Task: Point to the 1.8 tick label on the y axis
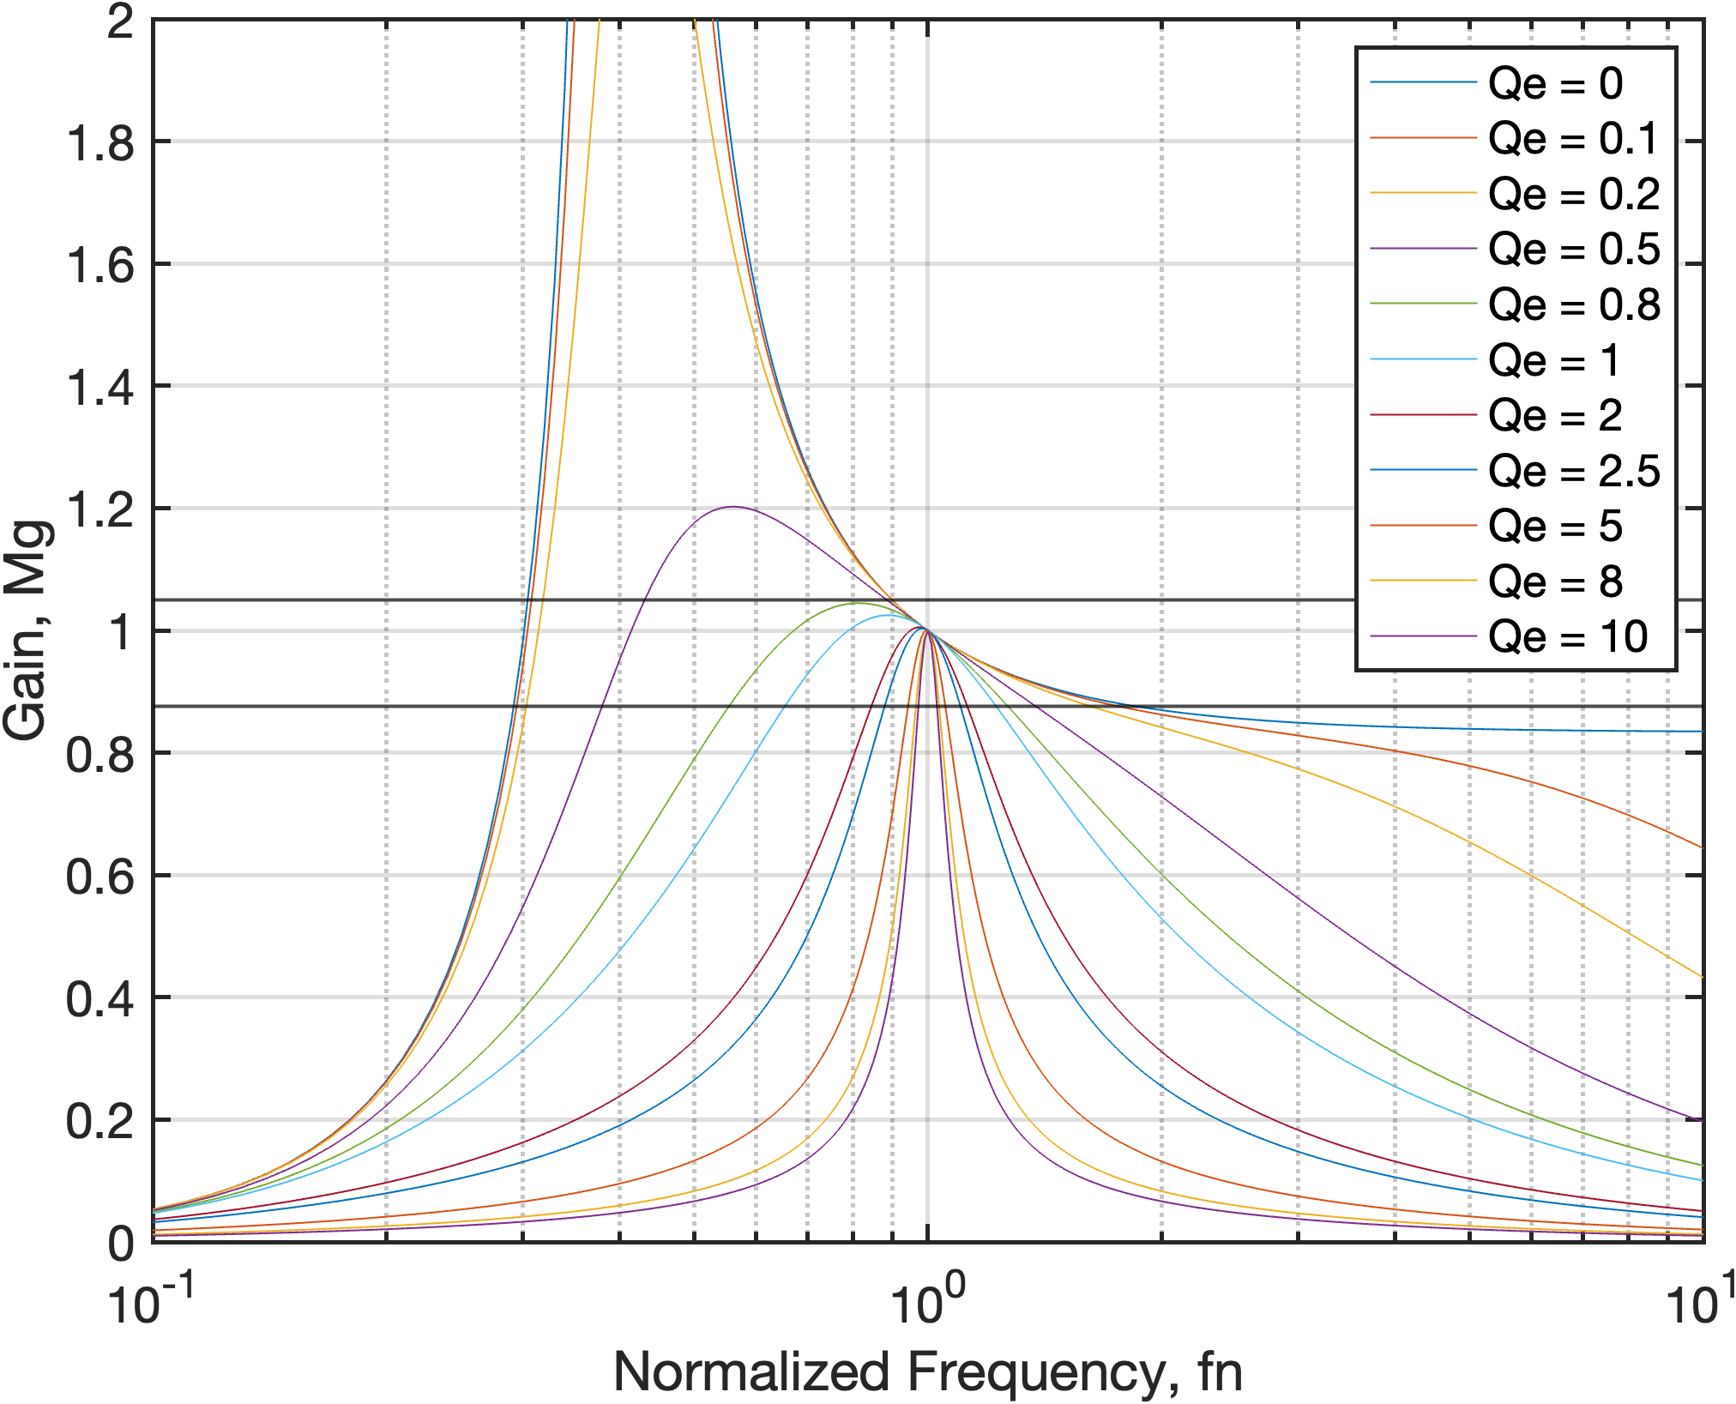pyautogui.click(x=100, y=142)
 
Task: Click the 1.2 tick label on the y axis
pyautogui.click(x=100, y=509)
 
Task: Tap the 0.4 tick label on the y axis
pyautogui.click(x=100, y=999)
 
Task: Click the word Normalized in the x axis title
pyautogui.click(x=751, y=1371)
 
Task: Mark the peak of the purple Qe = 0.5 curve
pyautogui.click(x=732, y=507)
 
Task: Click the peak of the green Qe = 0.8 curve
pyautogui.click(x=856, y=603)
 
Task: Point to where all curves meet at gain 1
pyautogui.click(x=926, y=631)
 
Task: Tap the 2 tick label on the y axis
pyautogui.click(x=120, y=21)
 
